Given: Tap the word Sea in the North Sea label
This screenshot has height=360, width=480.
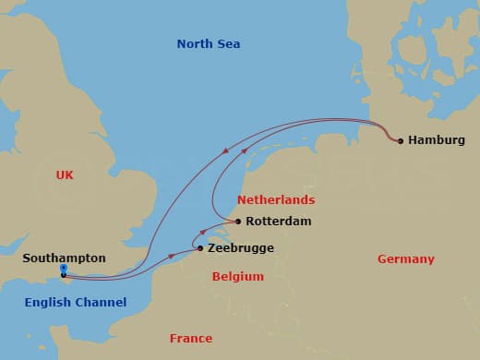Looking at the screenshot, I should pyautogui.click(x=229, y=43).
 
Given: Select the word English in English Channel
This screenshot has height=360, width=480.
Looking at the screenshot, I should pyautogui.click(x=48, y=302).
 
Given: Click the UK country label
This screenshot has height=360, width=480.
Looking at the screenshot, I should pyautogui.click(x=65, y=174).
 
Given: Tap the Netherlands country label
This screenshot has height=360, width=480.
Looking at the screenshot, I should pyautogui.click(x=276, y=199).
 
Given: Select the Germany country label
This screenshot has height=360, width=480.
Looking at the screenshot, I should pyautogui.click(x=405, y=259).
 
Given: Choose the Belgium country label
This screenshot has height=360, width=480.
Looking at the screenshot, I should pyautogui.click(x=237, y=276).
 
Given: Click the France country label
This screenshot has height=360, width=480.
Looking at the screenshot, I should pyautogui.click(x=191, y=338).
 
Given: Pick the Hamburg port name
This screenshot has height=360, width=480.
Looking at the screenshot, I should pyautogui.click(x=437, y=140).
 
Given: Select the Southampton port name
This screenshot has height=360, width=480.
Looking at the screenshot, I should pyautogui.click(x=65, y=258).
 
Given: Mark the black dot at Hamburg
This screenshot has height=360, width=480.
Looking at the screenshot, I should pyautogui.click(x=400, y=141).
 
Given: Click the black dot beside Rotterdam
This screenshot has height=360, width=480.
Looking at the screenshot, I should pyautogui.click(x=237, y=222).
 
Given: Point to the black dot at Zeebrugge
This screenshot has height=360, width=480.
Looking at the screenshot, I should pyautogui.click(x=200, y=247).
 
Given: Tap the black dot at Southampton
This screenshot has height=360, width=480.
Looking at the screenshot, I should pyautogui.click(x=63, y=275).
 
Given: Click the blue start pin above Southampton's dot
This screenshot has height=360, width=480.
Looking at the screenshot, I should pyautogui.click(x=63, y=269).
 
